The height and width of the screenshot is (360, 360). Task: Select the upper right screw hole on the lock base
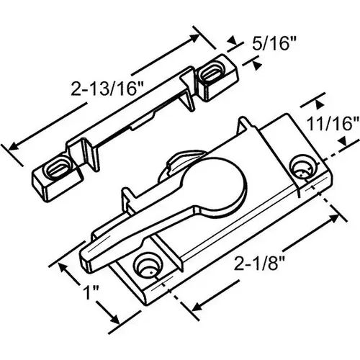tap(301, 169)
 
